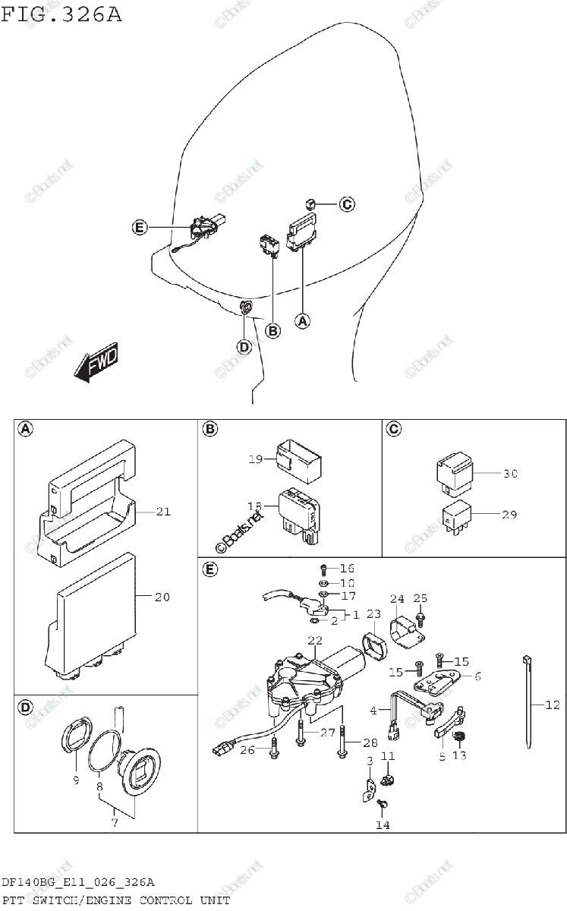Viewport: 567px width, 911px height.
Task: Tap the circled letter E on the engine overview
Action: click(x=138, y=227)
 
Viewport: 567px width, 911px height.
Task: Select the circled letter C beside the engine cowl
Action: click(x=346, y=203)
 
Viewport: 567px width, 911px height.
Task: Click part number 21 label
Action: click(x=163, y=512)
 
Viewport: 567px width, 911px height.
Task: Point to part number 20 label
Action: click(x=162, y=597)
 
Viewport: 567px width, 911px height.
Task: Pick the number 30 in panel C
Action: click(x=510, y=474)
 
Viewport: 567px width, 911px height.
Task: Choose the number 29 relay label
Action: click(x=509, y=514)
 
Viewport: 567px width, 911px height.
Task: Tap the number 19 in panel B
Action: click(x=255, y=459)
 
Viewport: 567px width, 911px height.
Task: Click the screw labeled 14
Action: click(x=383, y=802)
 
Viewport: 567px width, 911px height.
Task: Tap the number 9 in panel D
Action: click(x=74, y=779)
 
